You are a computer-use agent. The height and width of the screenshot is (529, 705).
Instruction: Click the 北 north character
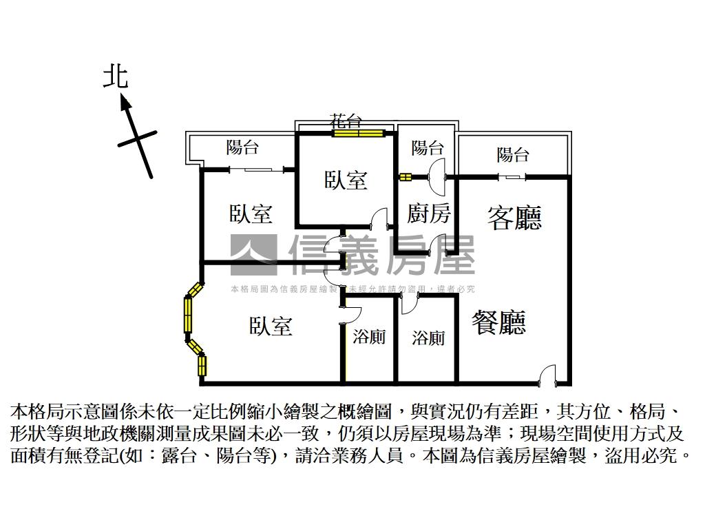point(116,76)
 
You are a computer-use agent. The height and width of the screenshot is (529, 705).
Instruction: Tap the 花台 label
point(346,122)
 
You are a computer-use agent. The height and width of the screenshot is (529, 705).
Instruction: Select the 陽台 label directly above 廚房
point(428,147)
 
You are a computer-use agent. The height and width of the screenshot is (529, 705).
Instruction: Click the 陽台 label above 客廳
point(513,155)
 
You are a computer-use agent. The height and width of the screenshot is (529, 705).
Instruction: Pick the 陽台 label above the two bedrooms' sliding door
point(242,147)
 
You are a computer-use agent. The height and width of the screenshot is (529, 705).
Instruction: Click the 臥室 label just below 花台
point(346,180)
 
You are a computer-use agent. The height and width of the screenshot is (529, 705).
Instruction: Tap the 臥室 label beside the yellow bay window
point(271,326)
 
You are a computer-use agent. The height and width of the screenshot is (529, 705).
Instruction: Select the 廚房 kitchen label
point(428,214)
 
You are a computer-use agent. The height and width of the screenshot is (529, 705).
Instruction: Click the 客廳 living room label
point(514,218)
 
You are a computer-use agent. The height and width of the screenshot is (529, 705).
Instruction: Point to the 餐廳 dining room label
point(499,322)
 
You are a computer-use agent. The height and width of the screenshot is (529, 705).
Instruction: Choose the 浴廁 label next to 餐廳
point(428,338)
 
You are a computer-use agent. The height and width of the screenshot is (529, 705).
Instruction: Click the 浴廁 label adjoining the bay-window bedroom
point(369,337)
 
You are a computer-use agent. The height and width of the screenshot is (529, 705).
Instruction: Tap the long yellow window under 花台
point(358,133)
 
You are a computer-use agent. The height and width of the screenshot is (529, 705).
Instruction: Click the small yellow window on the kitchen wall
point(405,177)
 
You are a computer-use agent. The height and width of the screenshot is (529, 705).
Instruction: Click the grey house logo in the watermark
point(253,255)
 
